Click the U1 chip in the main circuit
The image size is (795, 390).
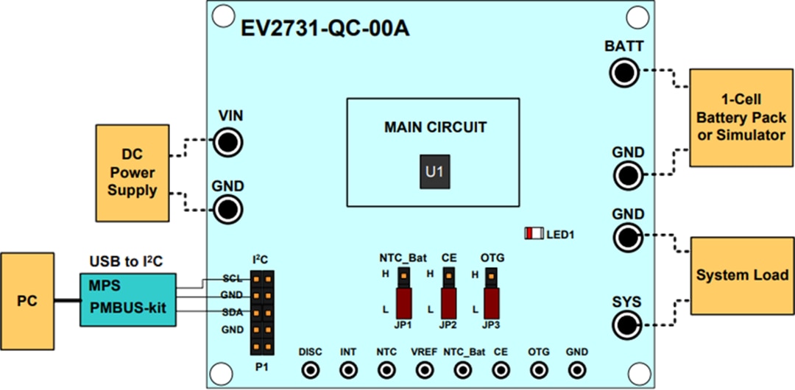tap(434, 172)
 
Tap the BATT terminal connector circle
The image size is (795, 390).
tap(624, 72)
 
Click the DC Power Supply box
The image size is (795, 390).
tap(132, 172)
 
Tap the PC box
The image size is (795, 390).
tap(27, 302)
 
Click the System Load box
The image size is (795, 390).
tap(741, 275)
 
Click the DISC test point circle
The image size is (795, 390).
tap(310, 369)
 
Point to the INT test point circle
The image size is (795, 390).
tap(348, 369)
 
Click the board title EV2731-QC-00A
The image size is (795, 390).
tap(325, 29)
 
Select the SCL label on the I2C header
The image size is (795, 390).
tap(233, 279)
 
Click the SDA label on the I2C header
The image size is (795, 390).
tap(233, 312)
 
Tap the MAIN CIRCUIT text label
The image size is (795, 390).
tap(435, 127)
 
